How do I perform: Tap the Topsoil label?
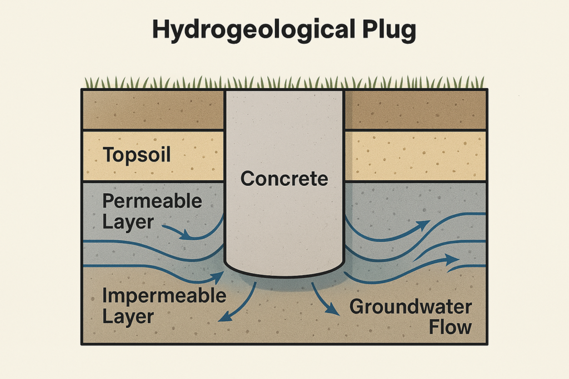[137, 155]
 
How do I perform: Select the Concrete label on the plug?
[284, 178]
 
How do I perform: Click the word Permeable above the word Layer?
[152, 201]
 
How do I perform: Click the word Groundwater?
[411, 307]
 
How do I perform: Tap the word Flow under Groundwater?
[450, 327]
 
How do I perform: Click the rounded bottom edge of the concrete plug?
[284, 275]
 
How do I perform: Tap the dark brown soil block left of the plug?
[153, 110]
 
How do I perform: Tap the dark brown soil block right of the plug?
[415, 110]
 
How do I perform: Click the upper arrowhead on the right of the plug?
[425, 225]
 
